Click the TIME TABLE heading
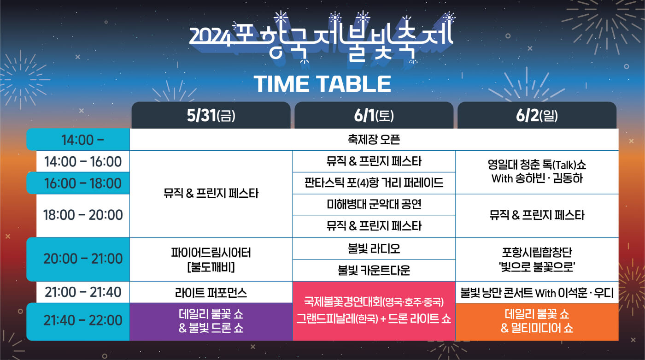click(322, 84)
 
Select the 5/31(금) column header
click(211, 116)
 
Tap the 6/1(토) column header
click(374, 116)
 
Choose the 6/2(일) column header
click(537, 116)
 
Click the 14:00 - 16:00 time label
click(83, 162)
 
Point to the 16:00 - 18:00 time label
click(83, 183)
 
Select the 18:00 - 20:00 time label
click(83, 215)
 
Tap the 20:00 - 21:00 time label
click(83, 259)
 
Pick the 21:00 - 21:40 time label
click(83, 292)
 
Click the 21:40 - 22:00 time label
click(83, 320)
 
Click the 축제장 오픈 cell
click(374, 140)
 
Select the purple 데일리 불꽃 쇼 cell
click(211, 321)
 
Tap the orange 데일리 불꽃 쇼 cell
click(537, 321)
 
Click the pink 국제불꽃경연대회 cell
click(374, 311)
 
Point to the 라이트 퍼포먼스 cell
click(211, 292)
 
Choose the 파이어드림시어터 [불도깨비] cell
click(211, 259)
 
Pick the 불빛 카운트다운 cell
click(374, 270)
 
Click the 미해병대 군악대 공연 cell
click(374, 205)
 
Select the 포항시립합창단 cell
click(537, 259)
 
